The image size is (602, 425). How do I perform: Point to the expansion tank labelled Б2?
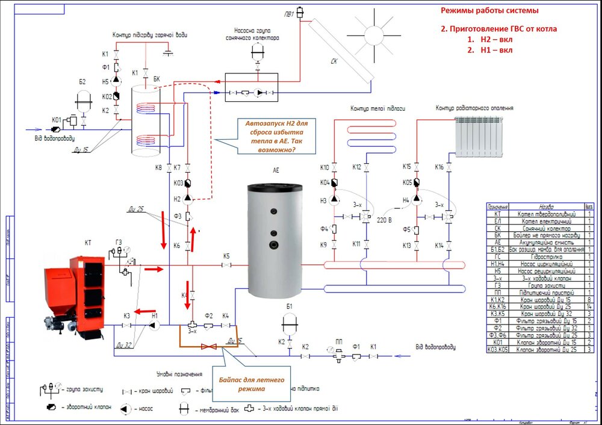click(x=83, y=100)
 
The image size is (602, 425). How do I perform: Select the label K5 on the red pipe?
click(x=226, y=256)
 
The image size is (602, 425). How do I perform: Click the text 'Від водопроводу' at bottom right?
click(x=435, y=347)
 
